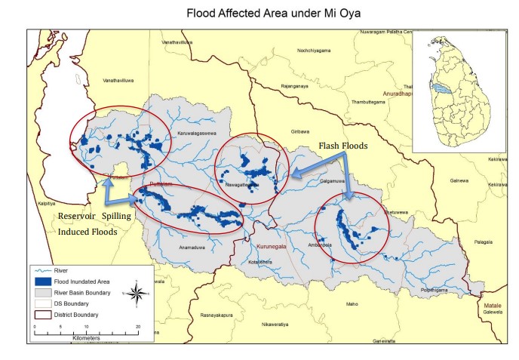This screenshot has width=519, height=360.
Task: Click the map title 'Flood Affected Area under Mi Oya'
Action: [259, 13]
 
